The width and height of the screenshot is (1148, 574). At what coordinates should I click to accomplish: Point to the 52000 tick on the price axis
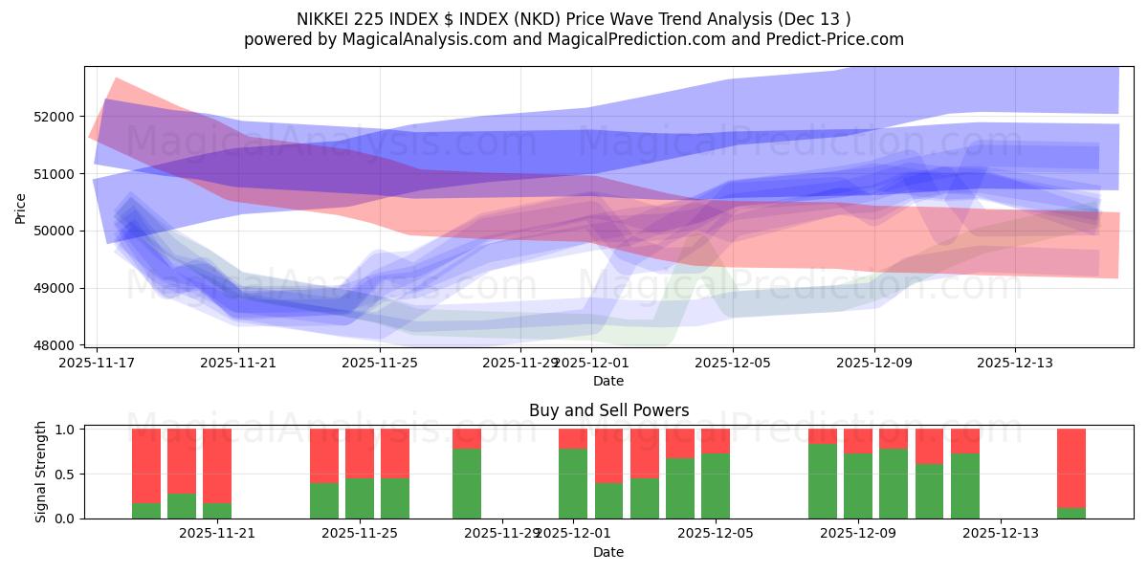(54, 117)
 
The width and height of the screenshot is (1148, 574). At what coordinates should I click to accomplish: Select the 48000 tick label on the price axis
(54, 345)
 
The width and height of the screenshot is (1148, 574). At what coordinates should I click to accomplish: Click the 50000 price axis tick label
(54, 231)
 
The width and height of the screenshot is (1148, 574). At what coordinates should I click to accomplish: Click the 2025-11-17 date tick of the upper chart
(97, 364)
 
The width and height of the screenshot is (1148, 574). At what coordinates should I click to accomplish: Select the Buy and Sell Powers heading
(608, 410)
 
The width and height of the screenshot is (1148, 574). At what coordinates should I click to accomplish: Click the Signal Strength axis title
(40, 472)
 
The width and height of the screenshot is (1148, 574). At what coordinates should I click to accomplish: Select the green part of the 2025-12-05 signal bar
(716, 486)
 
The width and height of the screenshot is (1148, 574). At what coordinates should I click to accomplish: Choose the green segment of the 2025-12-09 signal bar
(858, 486)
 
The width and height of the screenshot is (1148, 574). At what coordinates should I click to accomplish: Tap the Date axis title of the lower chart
(608, 552)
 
